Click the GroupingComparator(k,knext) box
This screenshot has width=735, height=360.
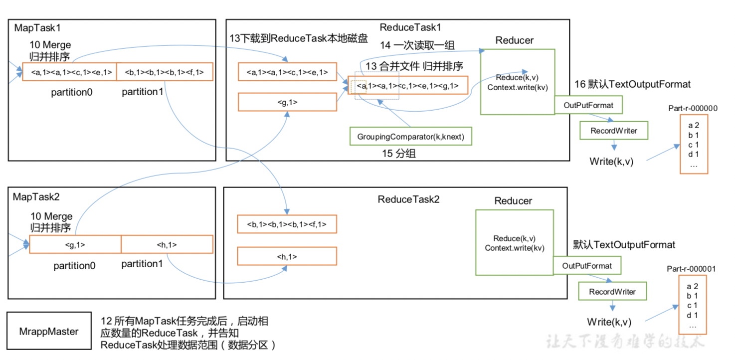[x=411, y=136]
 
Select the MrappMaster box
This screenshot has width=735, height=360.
[x=49, y=331]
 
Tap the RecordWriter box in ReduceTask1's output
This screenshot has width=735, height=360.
[x=614, y=131]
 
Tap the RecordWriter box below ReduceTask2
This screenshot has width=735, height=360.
[x=612, y=291]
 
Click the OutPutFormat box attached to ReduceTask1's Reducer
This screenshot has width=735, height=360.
[x=588, y=105]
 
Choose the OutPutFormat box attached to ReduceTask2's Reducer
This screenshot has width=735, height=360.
[x=587, y=265]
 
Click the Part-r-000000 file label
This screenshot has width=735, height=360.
[x=693, y=108]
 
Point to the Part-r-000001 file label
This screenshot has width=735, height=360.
[x=691, y=269]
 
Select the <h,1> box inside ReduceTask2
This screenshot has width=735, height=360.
[x=287, y=256]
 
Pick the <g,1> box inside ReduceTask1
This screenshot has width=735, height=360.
[x=287, y=102]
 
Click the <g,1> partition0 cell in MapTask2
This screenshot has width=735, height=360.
[x=75, y=244]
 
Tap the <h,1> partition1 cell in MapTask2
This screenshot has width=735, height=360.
[x=167, y=244]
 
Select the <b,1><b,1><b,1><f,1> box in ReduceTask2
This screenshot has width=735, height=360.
[x=287, y=224]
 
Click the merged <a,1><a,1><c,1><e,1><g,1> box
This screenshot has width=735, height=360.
[x=408, y=85]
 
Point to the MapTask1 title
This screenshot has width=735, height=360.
[x=37, y=28]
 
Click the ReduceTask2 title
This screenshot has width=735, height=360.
[x=408, y=199]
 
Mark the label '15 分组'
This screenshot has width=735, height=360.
[x=399, y=153]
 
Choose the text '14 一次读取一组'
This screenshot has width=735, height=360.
[x=417, y=45]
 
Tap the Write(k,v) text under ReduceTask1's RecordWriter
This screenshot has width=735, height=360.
[x=611, y=162]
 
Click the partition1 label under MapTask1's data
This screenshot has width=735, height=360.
[x=143, y=92]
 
